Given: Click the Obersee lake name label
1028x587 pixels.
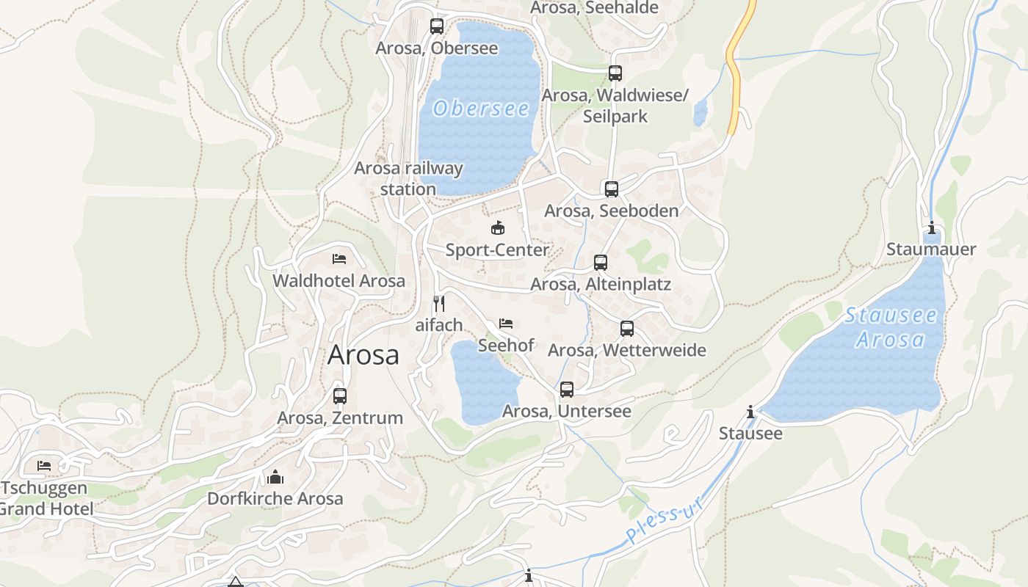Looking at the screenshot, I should pos(481,109).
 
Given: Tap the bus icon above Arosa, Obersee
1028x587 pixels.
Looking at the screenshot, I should pos(437,26).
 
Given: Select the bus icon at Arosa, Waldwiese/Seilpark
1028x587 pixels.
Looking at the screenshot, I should pos(615,73).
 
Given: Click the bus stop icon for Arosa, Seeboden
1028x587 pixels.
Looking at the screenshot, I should pos(612,189).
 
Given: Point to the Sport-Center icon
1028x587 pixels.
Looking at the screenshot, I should pos(498,227).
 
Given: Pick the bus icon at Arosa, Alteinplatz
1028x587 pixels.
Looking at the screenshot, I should pos(601,262).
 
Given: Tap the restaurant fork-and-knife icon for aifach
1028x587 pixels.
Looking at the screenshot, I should pos(439,303).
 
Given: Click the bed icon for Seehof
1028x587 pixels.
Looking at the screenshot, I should pos(506,323).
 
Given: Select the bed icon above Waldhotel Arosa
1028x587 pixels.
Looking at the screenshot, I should pos(339,258).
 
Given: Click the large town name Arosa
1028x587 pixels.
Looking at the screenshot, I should pos(363,355).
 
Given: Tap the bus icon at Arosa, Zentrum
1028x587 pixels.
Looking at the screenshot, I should pos(340,396).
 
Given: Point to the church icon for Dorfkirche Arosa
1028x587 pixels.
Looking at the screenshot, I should pos(275,477).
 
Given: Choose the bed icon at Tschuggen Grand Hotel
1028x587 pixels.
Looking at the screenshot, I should pos(44,465).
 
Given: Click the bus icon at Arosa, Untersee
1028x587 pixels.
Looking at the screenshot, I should pos(567,390).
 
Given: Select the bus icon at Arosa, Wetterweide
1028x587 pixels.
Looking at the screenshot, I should pos(627,328).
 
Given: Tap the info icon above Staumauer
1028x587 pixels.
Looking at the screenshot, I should pos(932,227).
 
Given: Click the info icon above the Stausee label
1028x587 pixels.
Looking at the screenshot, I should pos(750,412).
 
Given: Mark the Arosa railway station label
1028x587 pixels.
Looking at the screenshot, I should pos(408,178).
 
